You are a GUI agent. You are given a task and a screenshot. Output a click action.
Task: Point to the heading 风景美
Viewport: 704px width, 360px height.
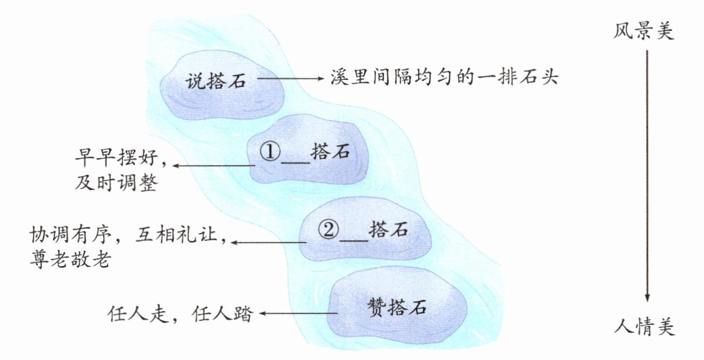pyautogui.click(x=643, y=31)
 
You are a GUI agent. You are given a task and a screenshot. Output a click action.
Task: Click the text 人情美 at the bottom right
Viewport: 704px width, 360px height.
pyautogui.click(x=643, y=329)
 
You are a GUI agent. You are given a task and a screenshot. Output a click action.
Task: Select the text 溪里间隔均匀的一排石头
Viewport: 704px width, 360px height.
pyautogui.click(x=444, y=77)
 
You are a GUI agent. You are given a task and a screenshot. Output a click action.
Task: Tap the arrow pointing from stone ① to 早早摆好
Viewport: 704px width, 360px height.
pyautogui.click(x=213, y=166)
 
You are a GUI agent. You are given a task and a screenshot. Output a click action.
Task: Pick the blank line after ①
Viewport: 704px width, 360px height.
pyautogui.click(x=294, y=160)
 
